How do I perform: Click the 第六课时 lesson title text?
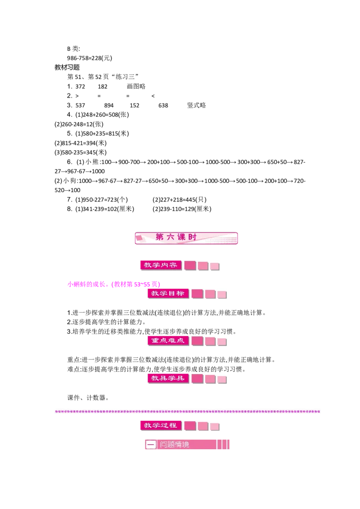[176, 237]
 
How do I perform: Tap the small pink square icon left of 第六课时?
[139, 237]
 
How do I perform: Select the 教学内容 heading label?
[160, 265]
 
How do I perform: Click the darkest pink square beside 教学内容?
[190, 266]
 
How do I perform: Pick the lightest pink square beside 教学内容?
[215, 266]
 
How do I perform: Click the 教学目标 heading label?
[168, 293]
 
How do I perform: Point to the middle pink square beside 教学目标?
[210, 294]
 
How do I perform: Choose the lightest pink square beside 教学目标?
[222, 295]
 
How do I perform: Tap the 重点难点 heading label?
[168, 340]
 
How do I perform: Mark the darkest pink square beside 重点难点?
[198, 341]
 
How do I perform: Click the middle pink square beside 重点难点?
[210, 341]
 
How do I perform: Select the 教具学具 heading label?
[168, 378]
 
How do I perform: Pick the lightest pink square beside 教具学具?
[222, 380]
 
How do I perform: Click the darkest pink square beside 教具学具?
[198, 379]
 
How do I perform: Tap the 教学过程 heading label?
[160, 425]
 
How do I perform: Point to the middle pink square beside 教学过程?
[203, 426]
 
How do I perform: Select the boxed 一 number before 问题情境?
[151, 445]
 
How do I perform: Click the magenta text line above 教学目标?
[113, 284]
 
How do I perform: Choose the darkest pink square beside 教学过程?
[190, 425]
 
